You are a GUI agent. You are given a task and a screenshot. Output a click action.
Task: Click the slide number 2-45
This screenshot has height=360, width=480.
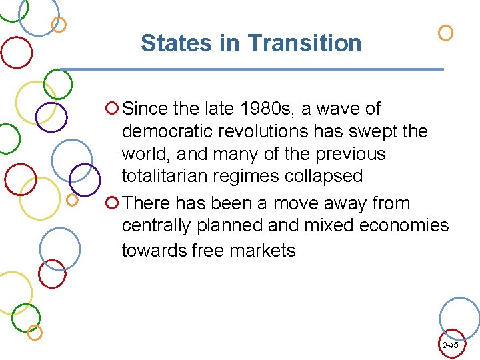[x=450, y=345]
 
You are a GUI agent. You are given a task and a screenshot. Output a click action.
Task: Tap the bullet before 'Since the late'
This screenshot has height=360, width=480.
[x=113, y=107]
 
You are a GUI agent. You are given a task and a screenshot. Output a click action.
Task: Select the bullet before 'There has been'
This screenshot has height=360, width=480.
[x=113, y=203]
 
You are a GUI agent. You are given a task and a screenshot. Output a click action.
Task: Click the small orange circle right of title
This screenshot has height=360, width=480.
[x=445, y=33]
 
